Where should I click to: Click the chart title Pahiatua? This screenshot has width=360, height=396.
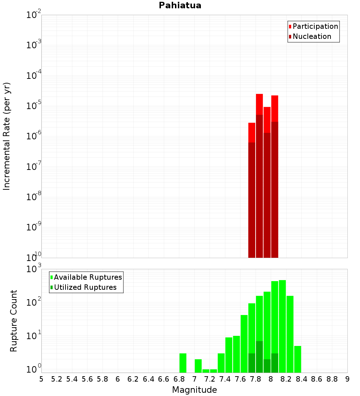click(x=180, y=5)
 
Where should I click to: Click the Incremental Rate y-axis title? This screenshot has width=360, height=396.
click(x=7, y=136)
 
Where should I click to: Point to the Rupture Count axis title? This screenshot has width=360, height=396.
click(x=14, y=321)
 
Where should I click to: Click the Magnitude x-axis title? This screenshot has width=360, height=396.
click(x=194, y=390)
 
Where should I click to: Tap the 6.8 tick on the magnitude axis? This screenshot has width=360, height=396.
click(x=179, y=379)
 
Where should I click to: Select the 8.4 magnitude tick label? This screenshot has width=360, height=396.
click(x=301, y=379)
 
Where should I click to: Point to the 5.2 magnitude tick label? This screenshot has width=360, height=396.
click(x=57, y=379)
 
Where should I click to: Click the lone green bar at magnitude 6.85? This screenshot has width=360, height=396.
click(x=183, y=363)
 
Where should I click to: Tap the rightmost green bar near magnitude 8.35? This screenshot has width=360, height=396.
click(x=298, y=359)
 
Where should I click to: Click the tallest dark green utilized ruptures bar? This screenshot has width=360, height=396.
click(x=259, y=356)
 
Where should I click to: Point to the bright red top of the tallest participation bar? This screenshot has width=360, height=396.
click(x=259, y=104)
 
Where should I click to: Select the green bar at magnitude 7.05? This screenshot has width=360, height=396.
click(x=198, y=366)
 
